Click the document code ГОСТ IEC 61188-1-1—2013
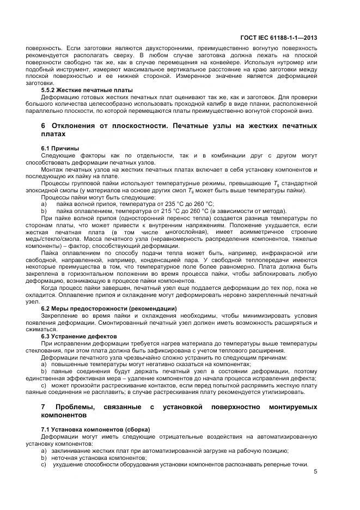pos(278,38)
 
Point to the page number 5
pos(315,472)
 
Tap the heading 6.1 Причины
pos(60,148)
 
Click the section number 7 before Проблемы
pos(44,407)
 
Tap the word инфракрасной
pos(283,253)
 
